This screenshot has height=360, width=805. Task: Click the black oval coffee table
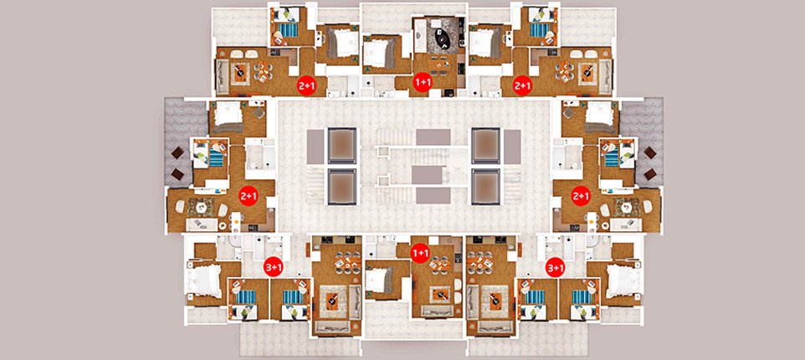(x=441, y=37)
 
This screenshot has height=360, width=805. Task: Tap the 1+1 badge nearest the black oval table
(x=423, y=82)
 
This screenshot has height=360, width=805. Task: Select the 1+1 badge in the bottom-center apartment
(x=420, y=253)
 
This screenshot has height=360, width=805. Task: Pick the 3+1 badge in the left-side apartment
(x=274, y=267)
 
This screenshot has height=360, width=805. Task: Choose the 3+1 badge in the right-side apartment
(x=555, y=268)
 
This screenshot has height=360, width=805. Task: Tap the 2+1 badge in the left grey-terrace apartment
(x=249, y=196)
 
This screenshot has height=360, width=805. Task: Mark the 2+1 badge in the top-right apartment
(x=523, y=86)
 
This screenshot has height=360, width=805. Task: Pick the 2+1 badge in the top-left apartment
(x=307, y=86)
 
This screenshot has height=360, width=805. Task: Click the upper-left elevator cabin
(x=342, y=146)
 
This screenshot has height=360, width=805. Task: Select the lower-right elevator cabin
(x=485, y=186)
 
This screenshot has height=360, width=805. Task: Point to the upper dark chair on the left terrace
(x=179, y=153)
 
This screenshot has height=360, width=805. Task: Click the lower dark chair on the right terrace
(x=650, y=173)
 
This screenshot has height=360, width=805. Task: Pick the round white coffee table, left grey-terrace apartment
(x=203, y=208)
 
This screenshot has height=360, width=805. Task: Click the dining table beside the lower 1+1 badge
(x=440, y=264)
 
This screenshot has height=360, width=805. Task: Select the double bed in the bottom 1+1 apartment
(x=381, y=280)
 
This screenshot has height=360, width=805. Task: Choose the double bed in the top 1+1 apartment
(x=379, y=54)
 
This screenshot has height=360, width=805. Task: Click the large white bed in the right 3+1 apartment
(x=623, y=281)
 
